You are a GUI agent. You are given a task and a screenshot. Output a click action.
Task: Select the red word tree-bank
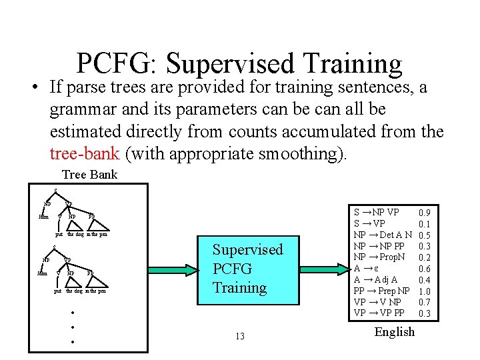pos(84,154)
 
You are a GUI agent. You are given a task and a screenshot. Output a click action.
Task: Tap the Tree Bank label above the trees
pos(89,175)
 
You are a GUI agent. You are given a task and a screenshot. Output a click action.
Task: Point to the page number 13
pos(240,337)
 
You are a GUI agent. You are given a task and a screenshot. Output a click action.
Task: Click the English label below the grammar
pos(395,332)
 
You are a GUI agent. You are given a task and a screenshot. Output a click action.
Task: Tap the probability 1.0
pos(423,291)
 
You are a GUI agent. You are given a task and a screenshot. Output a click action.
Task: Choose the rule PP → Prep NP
pos(381,291)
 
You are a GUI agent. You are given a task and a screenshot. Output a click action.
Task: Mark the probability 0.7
pos(423,302)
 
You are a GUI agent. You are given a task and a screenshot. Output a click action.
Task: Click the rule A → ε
pos(367,269)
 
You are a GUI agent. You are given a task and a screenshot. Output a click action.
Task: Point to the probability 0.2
pos(423,257)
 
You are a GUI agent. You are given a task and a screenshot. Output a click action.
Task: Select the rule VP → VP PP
pos(379,313)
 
